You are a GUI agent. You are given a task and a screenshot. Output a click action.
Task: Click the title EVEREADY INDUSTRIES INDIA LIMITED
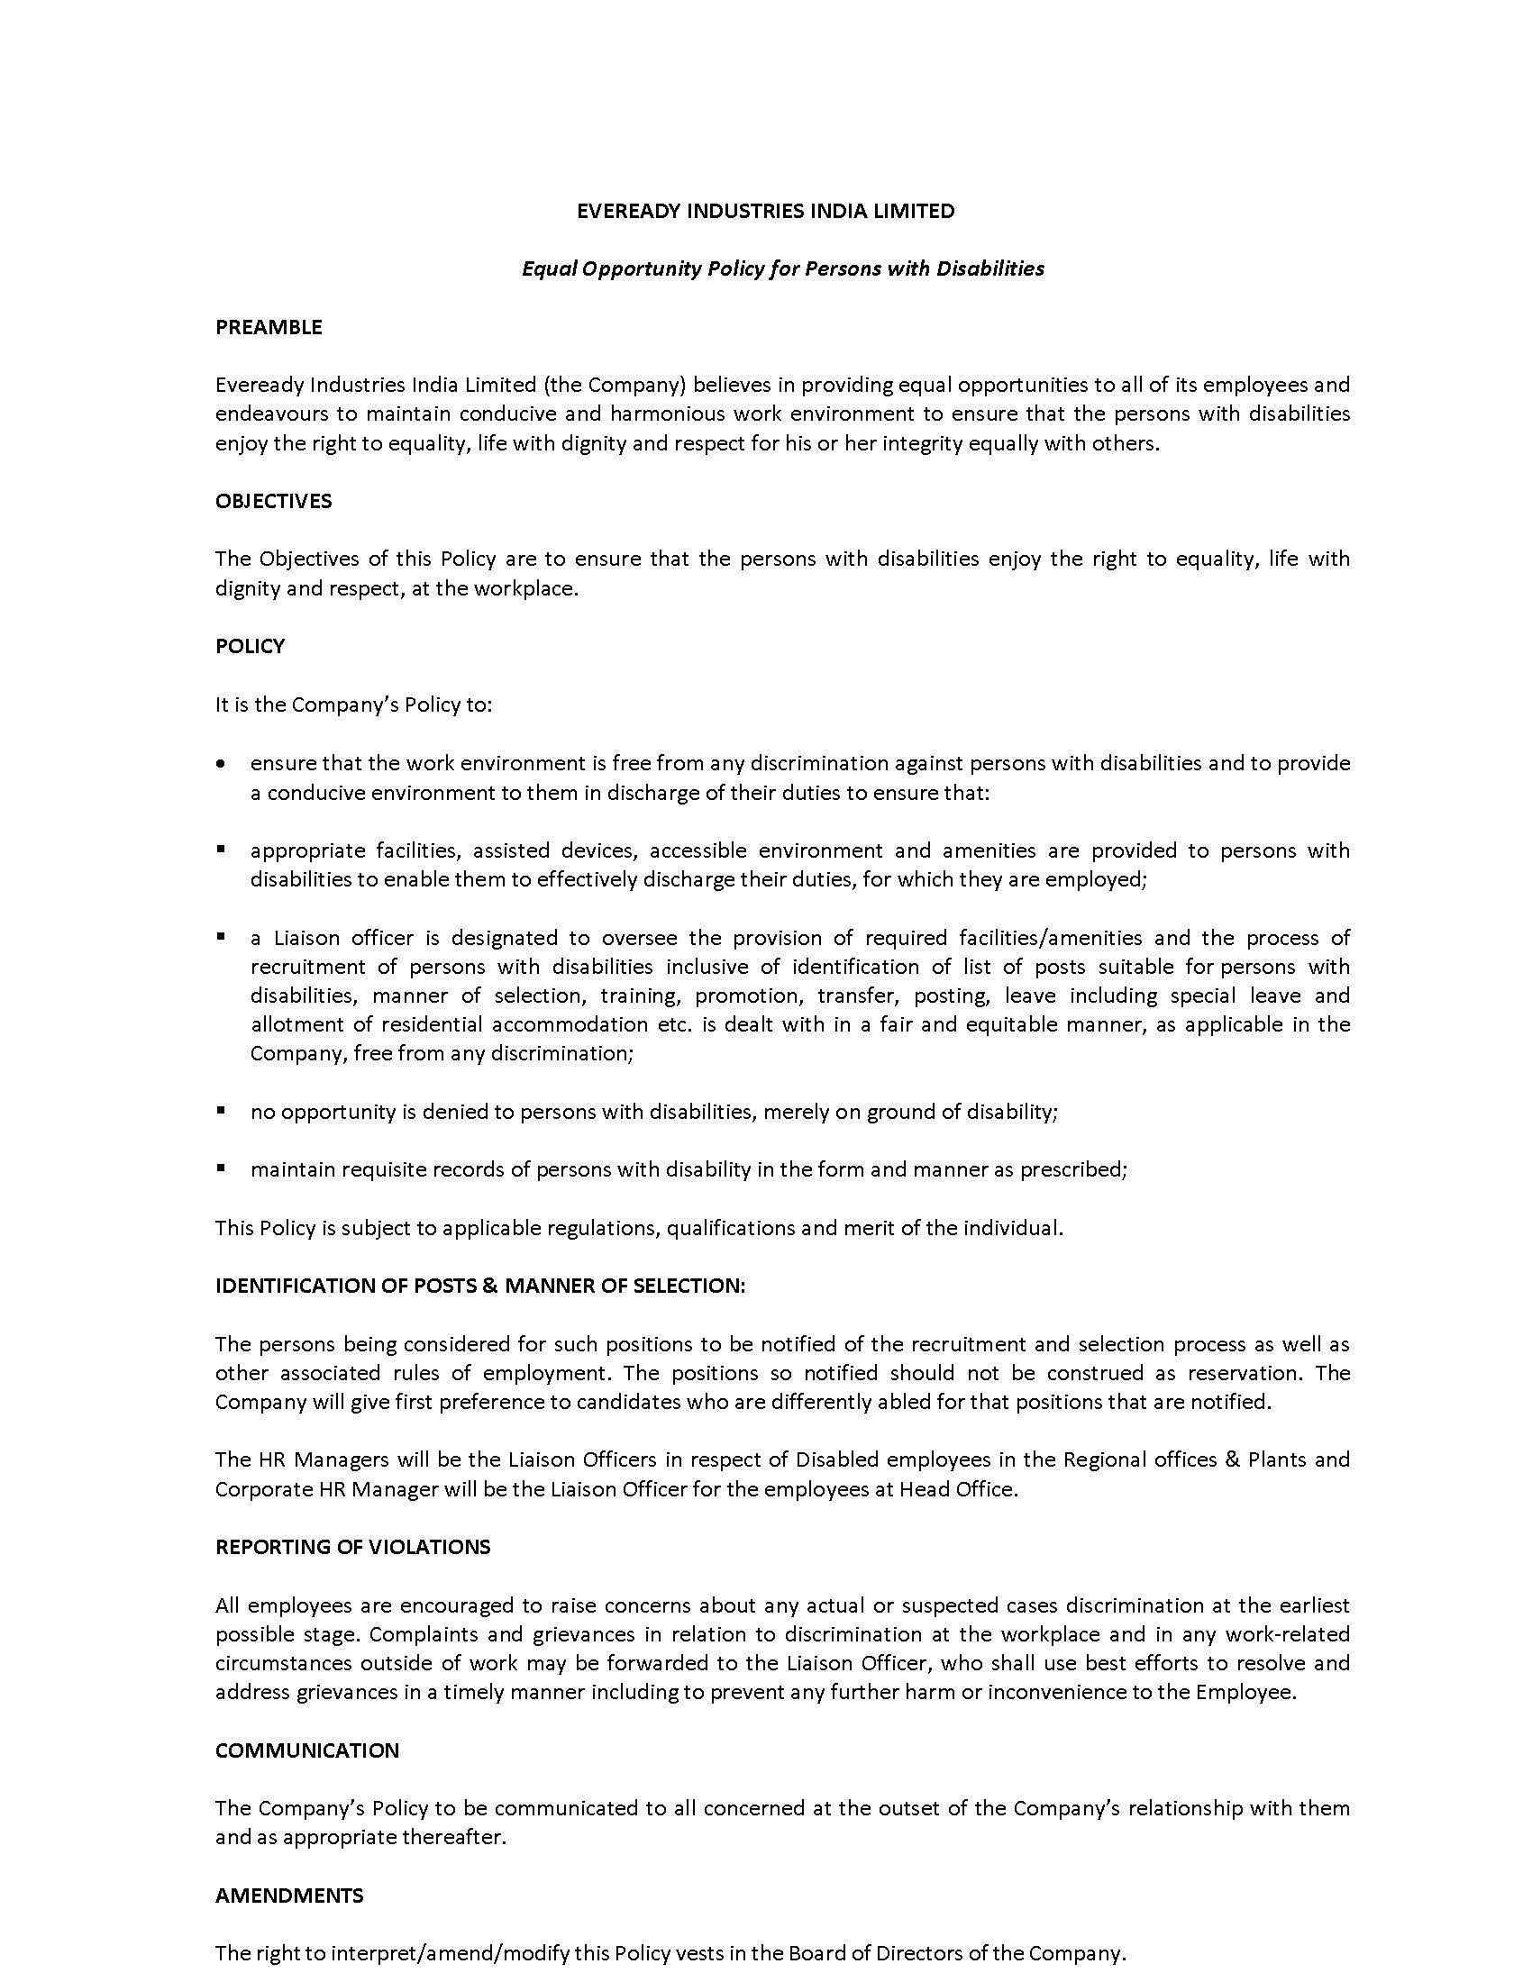[x=765, y=212]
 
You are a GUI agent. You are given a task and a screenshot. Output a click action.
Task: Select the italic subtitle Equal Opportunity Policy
[x=782, y=268]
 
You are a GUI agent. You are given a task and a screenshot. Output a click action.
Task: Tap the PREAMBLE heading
[x=269, y=327]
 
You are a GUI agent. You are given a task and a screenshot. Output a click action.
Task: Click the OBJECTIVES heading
[x=273, y=501]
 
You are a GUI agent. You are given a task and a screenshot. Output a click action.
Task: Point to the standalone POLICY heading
[x=250, y=646]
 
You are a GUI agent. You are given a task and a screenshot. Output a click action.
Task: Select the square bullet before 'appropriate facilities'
[x=221, y=850]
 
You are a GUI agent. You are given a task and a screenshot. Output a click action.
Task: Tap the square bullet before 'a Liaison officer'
[x=221, y=936]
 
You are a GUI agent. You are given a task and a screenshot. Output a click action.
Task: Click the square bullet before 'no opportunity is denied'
[x=221, y=1110]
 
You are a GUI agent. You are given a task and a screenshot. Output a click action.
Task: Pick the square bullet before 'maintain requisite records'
[x=221, y=1168]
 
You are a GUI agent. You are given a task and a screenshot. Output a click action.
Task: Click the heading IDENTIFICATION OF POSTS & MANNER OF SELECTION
[x=480, y=1286]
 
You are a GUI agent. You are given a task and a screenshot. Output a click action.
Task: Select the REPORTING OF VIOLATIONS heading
[x=352, y=1547]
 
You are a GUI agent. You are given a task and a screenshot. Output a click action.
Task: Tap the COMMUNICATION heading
[x=306, y=1750]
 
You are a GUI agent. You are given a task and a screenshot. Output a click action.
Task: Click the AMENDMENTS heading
[x=288, y=1896]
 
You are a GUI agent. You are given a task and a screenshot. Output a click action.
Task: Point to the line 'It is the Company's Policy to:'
[x=353, y=705]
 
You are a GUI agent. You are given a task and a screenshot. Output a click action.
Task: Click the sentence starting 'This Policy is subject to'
[x=638, y=1228]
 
